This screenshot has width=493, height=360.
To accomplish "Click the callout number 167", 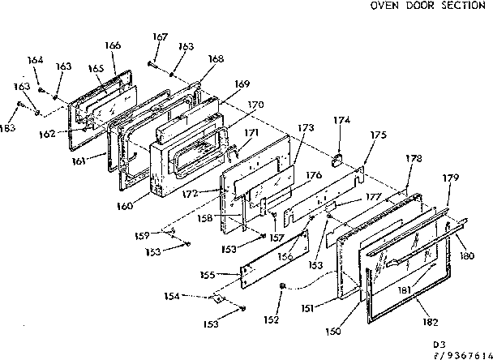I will [x=160, y=36].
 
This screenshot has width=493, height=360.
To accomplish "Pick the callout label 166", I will [x=114, y=45].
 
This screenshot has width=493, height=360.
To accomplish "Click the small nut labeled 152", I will [x=281, y=285].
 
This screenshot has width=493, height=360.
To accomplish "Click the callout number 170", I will [x=256, y=105].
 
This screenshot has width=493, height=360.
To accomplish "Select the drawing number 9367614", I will [x=465, y=354].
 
